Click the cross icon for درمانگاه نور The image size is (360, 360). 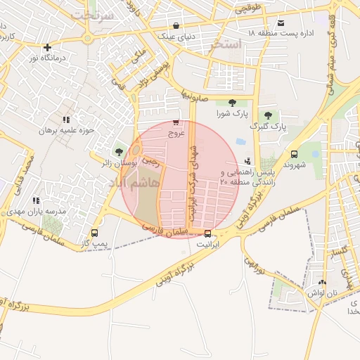click(47, 48)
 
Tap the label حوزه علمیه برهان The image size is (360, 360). click(66, 131)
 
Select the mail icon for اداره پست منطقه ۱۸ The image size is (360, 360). click(281, 22)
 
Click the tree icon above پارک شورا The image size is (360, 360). click(233, 103)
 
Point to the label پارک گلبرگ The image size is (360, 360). click(269, 127)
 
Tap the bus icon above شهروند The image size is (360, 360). click(294, 155)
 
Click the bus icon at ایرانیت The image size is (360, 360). click(207, 234)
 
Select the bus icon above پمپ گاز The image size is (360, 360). click(95, 233)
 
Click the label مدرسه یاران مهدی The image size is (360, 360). click(36, 211)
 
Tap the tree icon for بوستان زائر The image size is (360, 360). click(118, 151)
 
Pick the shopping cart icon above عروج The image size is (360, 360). click(175, 122)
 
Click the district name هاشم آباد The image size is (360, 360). click(134, 182)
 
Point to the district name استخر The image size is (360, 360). click(226, 45)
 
